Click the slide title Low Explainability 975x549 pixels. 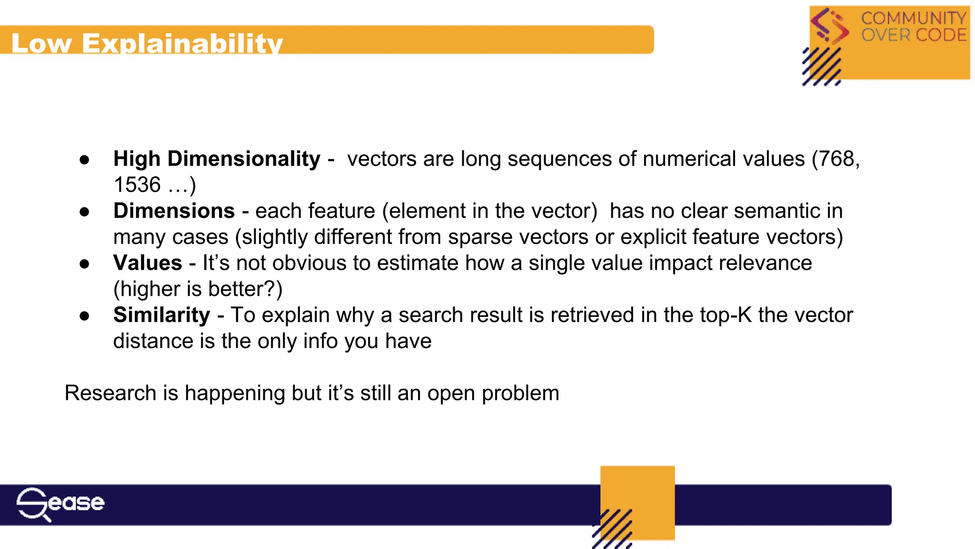point(147,43)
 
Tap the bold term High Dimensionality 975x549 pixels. point(217,159)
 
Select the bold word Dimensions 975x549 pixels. point(174,211)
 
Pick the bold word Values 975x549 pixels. point(148,263)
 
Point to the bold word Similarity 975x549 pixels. point(161,315)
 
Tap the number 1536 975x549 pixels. point(137,185)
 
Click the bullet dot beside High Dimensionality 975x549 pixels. point(85,160)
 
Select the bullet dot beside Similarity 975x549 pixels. point(85,316)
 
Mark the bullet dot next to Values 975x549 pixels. point(85,264)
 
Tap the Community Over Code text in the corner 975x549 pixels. point(914,27)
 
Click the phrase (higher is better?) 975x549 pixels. point(198,289)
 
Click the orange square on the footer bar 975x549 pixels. point(637,496)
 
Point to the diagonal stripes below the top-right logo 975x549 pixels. point(821,67)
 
